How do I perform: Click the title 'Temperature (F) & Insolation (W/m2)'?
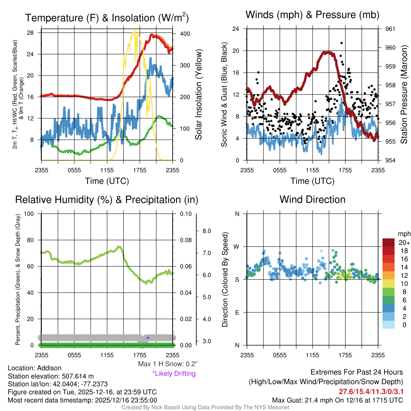(107, 18)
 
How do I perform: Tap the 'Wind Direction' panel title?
(312, 199)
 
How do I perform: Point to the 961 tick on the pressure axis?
(391, 29)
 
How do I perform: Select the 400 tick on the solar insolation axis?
(185, 34)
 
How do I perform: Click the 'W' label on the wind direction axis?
(237, 246)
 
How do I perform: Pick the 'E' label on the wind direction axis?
(237, 312)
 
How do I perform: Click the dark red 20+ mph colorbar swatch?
(389, 242)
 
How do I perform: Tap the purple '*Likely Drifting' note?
(174, 374)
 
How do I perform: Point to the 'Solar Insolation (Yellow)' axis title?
(199, 95)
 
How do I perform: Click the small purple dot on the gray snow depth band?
(148, 338)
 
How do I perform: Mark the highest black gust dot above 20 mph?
(341, 43)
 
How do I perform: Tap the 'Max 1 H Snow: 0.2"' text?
(168, 364)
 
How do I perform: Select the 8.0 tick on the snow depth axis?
(206, 231)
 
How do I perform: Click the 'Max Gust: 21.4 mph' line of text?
(337, 400)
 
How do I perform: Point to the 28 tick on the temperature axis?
(30, 33)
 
